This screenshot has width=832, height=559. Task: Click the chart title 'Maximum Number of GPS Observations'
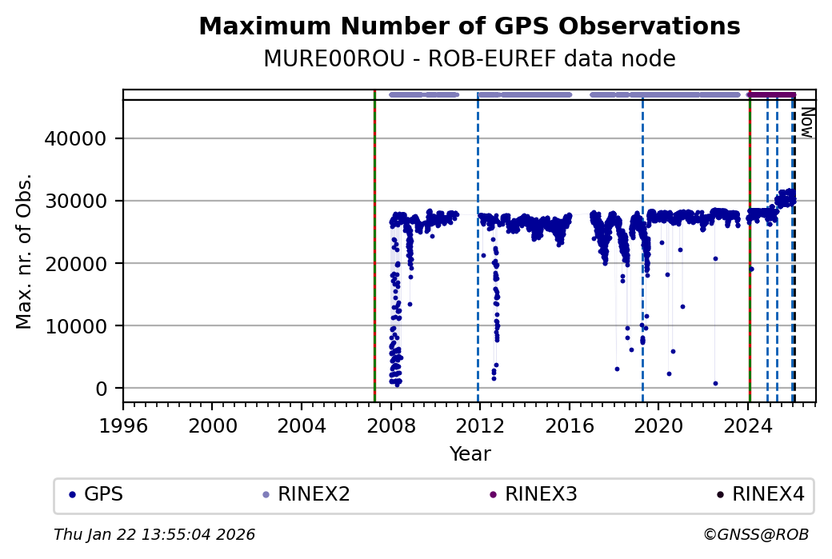469,26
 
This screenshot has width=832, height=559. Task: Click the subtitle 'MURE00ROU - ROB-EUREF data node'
469,59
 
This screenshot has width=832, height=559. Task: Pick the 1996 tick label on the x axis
123,425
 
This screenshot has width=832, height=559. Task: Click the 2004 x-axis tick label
302,425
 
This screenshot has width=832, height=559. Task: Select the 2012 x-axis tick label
479,425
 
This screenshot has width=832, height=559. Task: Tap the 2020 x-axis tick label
658,425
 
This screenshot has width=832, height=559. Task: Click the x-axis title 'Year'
470,454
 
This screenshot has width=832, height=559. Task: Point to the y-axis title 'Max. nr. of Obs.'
25,250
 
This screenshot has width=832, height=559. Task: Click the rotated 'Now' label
807,122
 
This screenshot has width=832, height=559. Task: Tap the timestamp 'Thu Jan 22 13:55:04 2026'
154,534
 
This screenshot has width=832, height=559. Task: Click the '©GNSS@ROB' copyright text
756,534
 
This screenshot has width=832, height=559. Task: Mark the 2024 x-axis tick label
747,425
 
